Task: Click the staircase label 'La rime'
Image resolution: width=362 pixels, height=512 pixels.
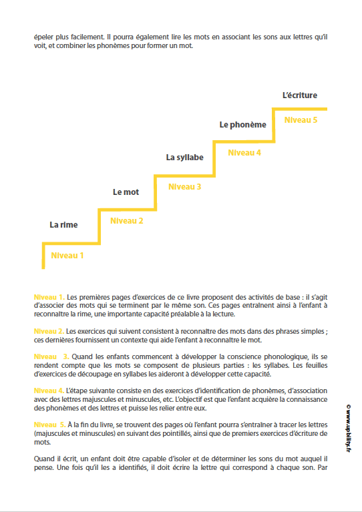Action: point(63,225)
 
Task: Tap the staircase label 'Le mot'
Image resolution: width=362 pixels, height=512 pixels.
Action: point(126,192)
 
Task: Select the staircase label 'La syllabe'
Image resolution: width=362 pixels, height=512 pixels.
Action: point(184,158)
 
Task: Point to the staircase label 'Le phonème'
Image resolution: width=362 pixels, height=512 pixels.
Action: point(243,124)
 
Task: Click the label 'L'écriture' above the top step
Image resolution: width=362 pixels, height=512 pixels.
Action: point(300,95)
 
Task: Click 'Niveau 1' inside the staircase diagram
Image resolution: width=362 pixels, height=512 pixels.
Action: point(67,255)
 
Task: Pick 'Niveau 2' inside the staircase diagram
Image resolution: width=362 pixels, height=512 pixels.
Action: point(126,221)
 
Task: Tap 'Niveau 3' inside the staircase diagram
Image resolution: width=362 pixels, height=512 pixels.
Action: point(184,187)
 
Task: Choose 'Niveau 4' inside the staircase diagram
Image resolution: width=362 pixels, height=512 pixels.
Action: point(244,153)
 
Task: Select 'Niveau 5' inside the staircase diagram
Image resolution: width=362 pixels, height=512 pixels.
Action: point(301,120)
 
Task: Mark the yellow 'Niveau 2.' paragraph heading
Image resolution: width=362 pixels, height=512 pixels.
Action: point(49,331)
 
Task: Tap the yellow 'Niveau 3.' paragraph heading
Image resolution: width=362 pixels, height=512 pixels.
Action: point(51,357)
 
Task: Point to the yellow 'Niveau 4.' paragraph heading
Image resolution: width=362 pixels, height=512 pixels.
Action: point(49,390)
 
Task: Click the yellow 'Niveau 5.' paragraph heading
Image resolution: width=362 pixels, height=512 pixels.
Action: point(50,425)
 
